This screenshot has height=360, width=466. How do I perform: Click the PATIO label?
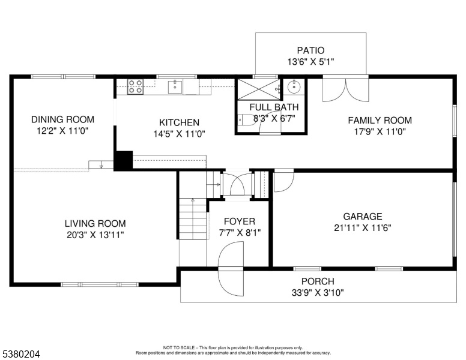[x=310, y=50]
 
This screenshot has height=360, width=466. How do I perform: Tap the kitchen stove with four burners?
[x=135, y=86]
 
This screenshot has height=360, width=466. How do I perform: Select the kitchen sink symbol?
[x=175, y=86]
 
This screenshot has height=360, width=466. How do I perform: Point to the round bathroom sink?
[x=294, y=87]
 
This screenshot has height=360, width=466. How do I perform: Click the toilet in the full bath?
[x=245, y=120]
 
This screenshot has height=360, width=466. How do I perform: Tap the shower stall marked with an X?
[x=259, y=89]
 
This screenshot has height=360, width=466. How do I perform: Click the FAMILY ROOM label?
[x=380, y=120]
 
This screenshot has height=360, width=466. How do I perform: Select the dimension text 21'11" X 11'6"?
[x=363, y=228]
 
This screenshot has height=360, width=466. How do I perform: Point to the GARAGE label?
[x=363, y=216]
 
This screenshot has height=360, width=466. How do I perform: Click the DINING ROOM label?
[x=62, y=119]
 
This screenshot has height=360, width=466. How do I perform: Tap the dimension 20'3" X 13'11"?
[x=95, y=235]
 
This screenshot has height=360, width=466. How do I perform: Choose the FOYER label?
[x=240, y=221]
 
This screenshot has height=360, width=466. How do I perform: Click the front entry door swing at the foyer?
[x=231, y=269]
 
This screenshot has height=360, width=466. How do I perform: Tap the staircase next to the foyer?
[x=193, y=218]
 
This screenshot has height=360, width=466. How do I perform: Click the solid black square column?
[x=123, y=160]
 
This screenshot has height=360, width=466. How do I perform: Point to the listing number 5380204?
[x=21, y=354]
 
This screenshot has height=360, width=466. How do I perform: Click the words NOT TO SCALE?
[x=178, y=347]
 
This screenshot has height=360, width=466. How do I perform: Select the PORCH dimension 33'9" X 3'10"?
[x=318, y=293]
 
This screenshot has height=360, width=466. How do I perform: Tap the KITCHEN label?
[x=179, y=122]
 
